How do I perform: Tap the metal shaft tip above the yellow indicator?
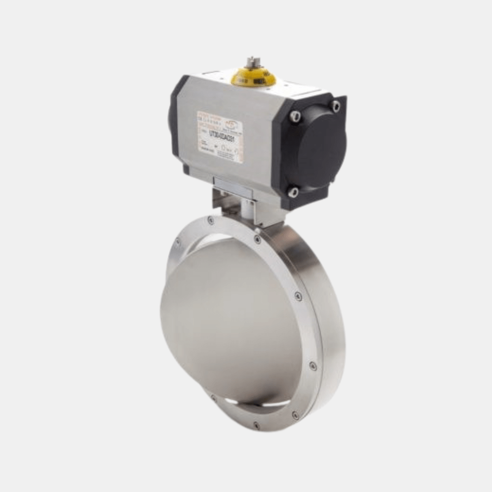coord(251,62)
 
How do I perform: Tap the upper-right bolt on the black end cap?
coord(335,106)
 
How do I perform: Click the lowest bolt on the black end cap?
coord(293,192)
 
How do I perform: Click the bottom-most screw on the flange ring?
coord(257,426)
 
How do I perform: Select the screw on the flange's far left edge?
coord(177,243)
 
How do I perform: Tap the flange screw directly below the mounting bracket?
coord(258,239)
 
